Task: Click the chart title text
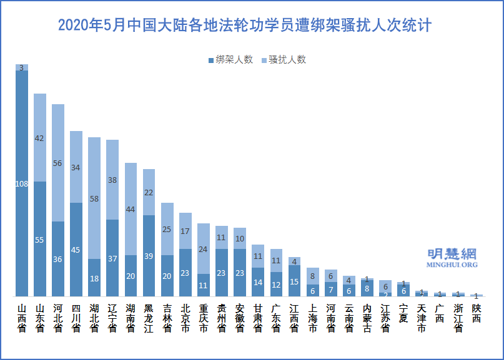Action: [245, 26]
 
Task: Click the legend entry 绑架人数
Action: [230, 60]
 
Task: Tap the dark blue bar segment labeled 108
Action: [22, 183]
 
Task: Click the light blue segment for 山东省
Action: [40, 137]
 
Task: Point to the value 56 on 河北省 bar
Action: [58, 163]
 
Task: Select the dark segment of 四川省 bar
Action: [76, 250]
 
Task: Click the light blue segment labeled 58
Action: [94, 198]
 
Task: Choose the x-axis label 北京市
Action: [185, 318]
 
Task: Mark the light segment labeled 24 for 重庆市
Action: [204, 248]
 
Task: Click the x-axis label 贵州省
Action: [222, 318]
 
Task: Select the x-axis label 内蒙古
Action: [368, 318]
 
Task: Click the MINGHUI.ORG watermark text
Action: [452, 265]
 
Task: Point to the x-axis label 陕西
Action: [477, 314]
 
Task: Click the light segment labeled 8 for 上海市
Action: [313, 276]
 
